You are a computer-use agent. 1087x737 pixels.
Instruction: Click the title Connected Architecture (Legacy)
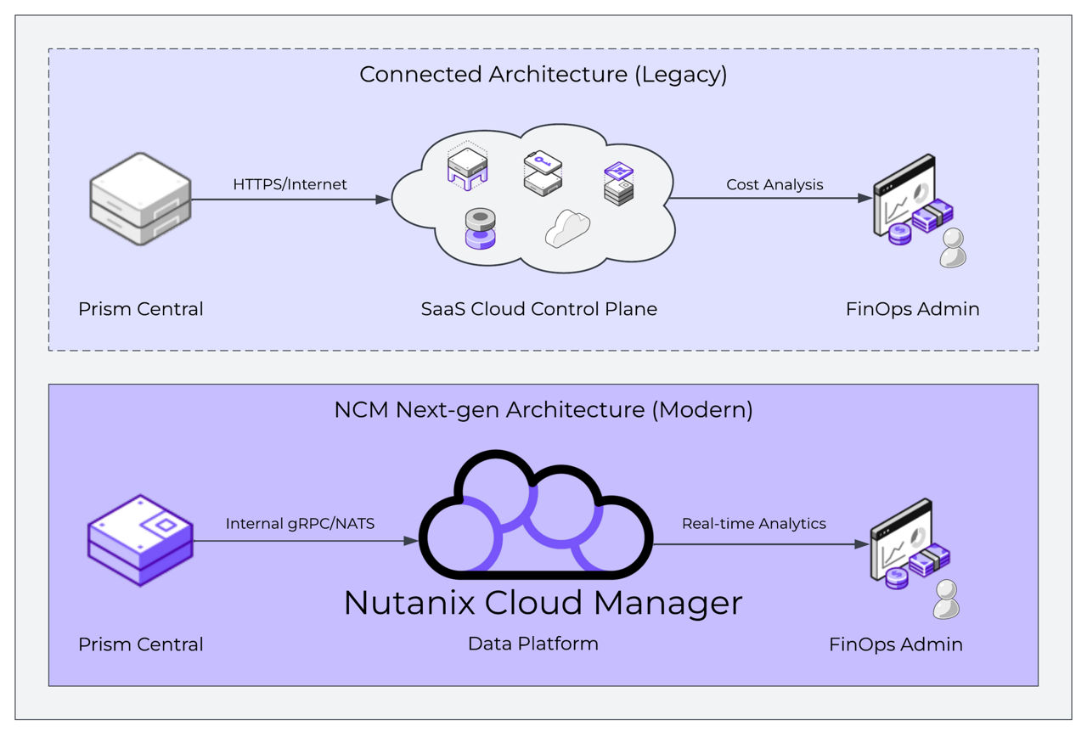[x=543, y=75]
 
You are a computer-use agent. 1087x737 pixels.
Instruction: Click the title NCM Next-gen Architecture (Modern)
[x=543, y=410]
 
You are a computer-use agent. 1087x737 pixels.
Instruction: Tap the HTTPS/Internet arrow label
[x=290, y=184]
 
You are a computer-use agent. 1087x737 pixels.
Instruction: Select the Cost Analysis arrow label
[x=774, y=184]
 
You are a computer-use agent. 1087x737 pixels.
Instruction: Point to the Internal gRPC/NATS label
[x=300, y=524]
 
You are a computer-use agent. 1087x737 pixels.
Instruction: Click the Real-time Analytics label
[x=753, y=524]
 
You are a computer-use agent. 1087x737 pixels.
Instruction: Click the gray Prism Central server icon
[x=140, y=199]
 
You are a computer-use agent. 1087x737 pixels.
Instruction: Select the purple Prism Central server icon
[x=140, y=540]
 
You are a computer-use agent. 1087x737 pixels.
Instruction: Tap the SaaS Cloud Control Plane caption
[x=538, y=309]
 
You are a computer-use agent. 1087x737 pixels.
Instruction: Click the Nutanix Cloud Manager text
[x=543, y=603]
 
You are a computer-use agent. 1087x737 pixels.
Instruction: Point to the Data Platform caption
[x=532, y=644]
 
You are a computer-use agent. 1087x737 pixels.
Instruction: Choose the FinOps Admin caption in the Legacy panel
[x=912, y=309]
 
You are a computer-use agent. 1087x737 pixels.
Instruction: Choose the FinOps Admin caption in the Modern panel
[x=895, y=644]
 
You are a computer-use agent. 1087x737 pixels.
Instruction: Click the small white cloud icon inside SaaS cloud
[x=567, y=228]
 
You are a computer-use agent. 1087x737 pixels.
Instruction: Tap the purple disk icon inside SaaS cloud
[x=481, y=228]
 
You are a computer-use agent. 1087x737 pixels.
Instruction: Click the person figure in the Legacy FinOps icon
[x=952, y=249]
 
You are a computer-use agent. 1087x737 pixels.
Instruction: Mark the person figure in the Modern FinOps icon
[x=945, y=600]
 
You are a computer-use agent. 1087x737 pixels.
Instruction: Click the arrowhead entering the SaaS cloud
[x=383, y=200]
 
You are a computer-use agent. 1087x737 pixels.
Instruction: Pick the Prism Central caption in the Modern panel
[x=140, y=644]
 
